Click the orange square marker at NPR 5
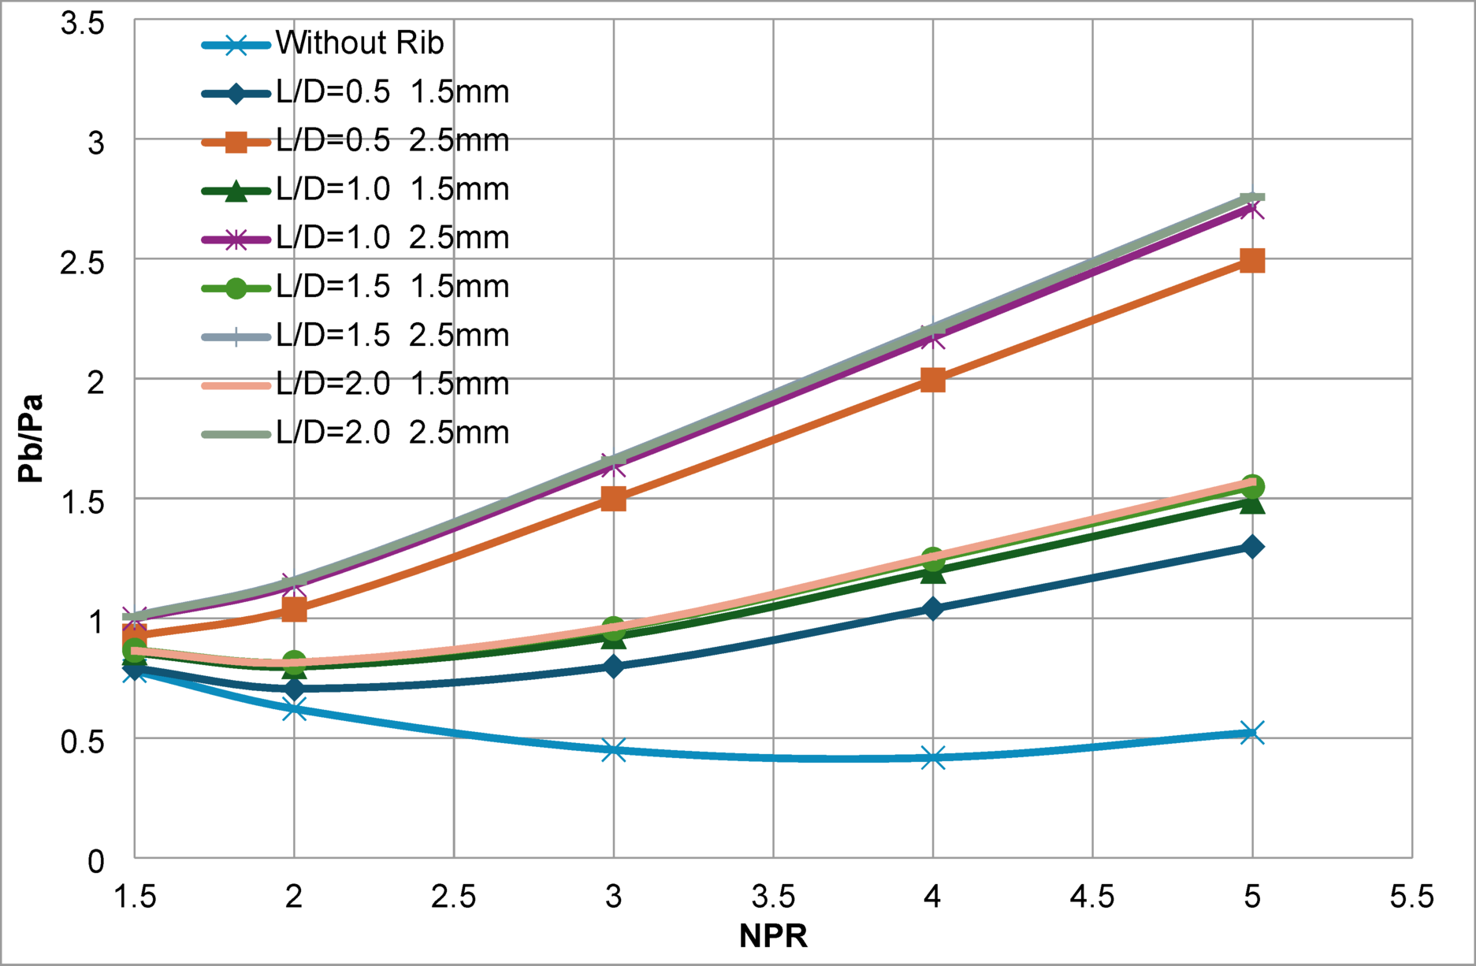(1252, 261)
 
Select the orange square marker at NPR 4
(933, 381)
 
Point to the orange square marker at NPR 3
(614, 499)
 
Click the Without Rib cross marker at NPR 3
(614, 749)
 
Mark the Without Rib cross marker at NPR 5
(1252, 733)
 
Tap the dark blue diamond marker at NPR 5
(1252, 547)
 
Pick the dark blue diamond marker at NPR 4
(933, 608)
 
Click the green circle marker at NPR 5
(1252, 486)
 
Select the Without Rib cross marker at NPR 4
(933, 758)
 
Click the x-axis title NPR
(773, 936)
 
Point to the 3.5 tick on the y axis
(83, 24)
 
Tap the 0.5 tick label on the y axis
(83, 741)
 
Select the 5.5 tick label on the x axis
(1411, 897)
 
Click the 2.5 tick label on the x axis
(454, 897)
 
